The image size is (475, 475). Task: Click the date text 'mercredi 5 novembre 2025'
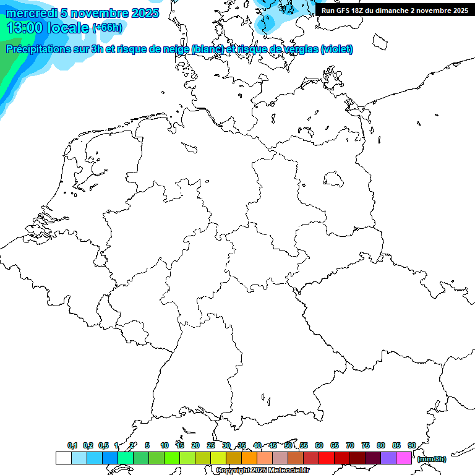coord(82,13)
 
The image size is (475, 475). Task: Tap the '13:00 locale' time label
coord(48,28)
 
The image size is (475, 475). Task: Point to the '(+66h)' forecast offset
coord(107,28)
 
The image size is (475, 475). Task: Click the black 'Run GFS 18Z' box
coord(395,11)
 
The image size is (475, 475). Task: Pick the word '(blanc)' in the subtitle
coord(207,49)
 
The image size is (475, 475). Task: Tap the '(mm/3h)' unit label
coord(432,459)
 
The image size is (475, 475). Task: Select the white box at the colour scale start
coord(63,458)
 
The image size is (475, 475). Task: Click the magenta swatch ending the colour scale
coord(404,458)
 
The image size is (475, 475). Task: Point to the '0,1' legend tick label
coord(72,445)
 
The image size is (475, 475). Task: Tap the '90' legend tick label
coord(412,445)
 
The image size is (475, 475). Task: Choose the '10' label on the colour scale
coord(165,445)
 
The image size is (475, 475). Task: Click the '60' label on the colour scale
coord(319,445)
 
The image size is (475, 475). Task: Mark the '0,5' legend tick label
coord(103,445)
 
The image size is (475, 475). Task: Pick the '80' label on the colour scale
coord(381,445)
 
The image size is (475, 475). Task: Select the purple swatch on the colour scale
coord(388,458)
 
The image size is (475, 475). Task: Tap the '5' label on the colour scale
coord(147,445)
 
